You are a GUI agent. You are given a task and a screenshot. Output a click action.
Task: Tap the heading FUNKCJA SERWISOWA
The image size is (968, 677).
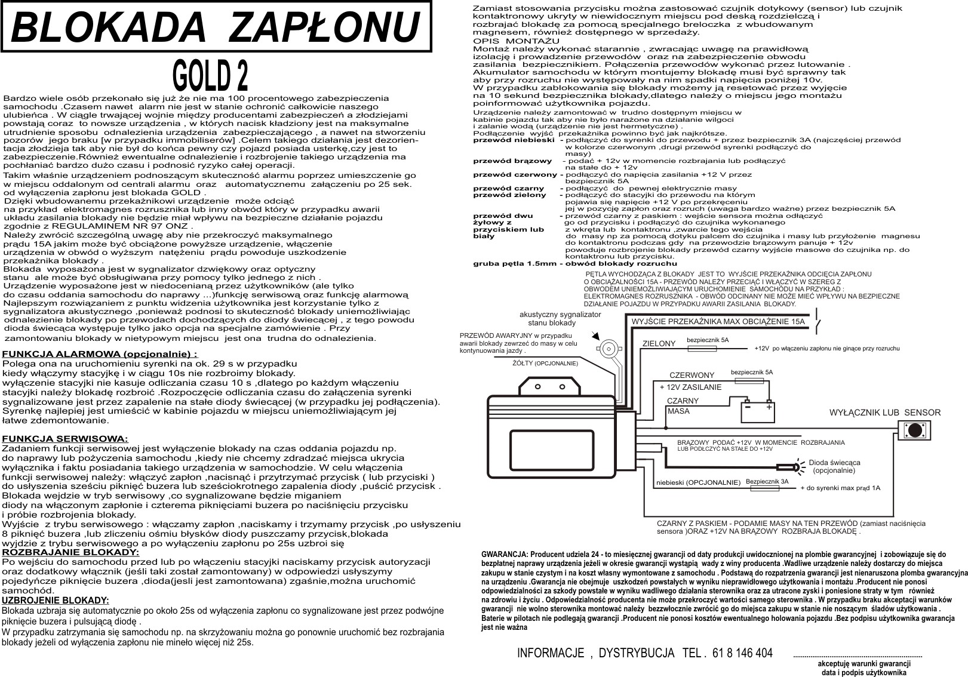pos(65,439)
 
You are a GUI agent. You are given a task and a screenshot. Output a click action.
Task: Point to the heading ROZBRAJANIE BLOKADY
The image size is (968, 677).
pos(70,552)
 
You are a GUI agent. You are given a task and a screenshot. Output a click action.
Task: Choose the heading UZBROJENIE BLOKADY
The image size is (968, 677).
pos(56,600)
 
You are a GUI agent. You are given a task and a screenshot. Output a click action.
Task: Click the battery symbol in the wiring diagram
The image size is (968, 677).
pos(757,410)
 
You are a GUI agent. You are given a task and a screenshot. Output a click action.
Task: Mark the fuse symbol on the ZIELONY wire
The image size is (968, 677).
pos(708,347)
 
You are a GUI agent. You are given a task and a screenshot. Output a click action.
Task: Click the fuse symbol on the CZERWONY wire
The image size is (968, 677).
pos(752,380)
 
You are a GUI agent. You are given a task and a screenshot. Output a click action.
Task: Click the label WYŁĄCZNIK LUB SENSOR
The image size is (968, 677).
pos(885,413)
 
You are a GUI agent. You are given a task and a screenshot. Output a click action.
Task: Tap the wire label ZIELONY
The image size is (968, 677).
pos(659,344)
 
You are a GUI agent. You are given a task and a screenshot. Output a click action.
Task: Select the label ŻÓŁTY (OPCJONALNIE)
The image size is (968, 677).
pos(545,363)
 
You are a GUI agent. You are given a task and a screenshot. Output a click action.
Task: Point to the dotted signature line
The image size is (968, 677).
pos(858,656)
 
